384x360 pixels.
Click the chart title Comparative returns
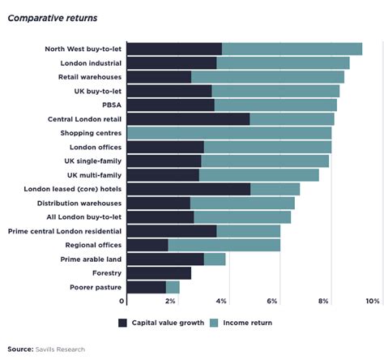coord(53,19)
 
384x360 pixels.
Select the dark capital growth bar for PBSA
coord(170,105)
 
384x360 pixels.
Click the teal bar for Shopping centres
coord(229,133)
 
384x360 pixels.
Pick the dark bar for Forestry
coord(159,273)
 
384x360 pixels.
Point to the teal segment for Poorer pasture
coord(173,287)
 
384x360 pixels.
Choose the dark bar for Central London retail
coord(188,119)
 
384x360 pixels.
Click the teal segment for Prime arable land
coord(215,259)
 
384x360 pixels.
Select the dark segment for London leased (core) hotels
coord(189,189)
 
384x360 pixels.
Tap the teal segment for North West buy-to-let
coord(292,49)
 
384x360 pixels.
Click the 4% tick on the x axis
coord(222,301)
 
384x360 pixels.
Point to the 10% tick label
coord(372,301)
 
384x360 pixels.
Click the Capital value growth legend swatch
coord(123,322)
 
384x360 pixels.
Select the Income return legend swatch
coord(215,322)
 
